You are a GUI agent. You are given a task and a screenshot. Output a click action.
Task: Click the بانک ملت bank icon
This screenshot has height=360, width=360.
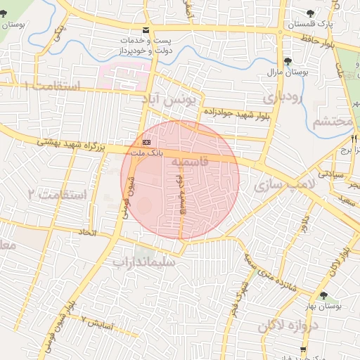pos(146,143)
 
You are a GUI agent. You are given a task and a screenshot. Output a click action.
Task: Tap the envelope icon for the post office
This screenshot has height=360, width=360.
pos(146,30)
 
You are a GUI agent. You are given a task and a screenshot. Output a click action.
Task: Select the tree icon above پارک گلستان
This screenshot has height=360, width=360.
pos(311,13)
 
